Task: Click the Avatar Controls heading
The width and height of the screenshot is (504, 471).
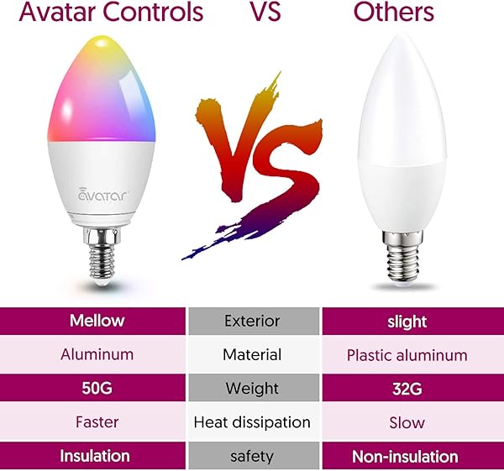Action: [102, 13]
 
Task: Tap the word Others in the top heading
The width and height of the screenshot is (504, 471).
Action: [393, 13]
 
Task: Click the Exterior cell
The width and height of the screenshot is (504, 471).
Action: [252, 321]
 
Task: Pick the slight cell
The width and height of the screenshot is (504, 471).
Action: [407, 322]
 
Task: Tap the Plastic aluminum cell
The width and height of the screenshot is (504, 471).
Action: [407, 355]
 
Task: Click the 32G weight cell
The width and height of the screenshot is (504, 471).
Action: [407, 389]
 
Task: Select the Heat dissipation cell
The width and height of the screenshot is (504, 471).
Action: [252, 422]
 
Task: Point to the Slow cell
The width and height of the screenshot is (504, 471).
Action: [407, 422]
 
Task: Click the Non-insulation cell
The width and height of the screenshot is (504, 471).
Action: [407, 457]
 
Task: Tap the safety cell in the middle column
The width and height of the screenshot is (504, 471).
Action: [252, 457]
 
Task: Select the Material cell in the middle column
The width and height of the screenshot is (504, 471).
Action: [252, 354]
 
